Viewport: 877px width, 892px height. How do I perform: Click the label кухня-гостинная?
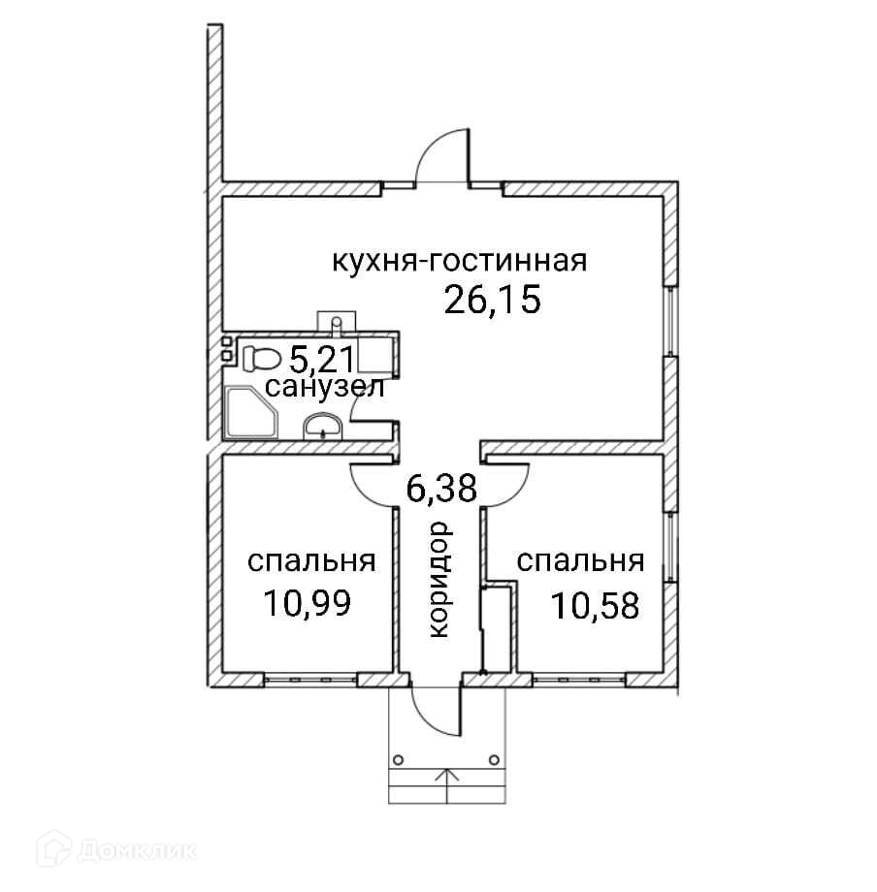[460, 262]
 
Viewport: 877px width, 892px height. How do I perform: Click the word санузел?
[326, 390]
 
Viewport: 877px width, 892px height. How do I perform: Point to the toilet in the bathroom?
[259, 357]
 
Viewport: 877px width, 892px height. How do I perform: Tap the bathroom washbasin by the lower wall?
[322, 426]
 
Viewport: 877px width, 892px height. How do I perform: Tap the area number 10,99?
[306, 603]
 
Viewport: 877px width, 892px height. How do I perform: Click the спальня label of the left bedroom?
[311, 562]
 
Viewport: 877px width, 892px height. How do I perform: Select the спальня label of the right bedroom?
[581, 562]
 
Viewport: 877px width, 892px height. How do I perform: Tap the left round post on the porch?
[398, 759]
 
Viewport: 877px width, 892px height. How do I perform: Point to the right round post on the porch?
[494, 759]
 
